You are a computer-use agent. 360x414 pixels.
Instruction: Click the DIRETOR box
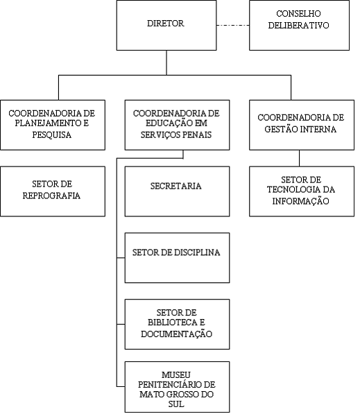click(166, 26)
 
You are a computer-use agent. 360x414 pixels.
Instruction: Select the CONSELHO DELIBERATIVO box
click(299, 26)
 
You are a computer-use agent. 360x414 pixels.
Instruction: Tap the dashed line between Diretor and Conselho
click(233, 26)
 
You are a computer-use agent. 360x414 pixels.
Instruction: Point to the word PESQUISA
click(52, 135)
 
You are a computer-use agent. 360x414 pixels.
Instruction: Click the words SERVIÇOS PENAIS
click(176, 135)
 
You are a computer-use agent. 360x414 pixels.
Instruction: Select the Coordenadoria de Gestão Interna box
click(302, 125)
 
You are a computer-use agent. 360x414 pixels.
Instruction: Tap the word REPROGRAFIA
click(51, 196)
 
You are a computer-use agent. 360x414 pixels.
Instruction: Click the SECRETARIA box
click(177, 191)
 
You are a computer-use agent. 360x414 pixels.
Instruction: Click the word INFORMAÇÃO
click(301, 201)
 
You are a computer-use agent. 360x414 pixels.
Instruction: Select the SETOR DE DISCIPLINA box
click(177, 258)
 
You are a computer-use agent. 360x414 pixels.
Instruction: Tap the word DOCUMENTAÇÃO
click(176, 334)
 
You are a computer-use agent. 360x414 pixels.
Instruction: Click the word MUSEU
click(176, 375)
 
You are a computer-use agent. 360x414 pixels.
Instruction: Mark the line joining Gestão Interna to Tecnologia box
click(299, 158)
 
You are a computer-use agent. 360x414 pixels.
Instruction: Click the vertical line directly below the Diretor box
click(166, 62)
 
